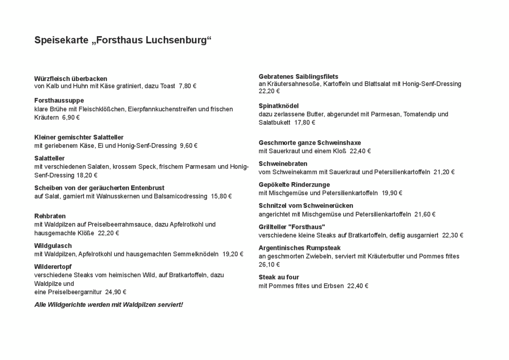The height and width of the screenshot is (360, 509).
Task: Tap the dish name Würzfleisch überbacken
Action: [x=71, y=79]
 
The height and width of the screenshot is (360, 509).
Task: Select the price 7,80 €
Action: [x=187, y=86]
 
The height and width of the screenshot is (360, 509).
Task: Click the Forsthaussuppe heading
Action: [x=59, y=101]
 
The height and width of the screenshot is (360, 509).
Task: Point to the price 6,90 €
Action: [x=71, y=118]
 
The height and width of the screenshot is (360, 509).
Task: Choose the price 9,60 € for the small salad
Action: [x=189, y=146]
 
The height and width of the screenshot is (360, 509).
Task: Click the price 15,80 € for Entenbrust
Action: [x=221, y=196]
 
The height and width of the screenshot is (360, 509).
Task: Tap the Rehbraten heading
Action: [x=50, y=216]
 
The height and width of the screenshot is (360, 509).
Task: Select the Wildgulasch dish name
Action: [x=53, y=246]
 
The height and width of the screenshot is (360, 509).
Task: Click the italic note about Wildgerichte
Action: [x=109, y=305]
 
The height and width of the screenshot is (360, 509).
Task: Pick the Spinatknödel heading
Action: [x=279, y=106]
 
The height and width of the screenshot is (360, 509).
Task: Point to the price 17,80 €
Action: [x=305, y=123]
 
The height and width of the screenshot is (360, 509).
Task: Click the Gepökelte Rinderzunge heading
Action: [x=294, y=185]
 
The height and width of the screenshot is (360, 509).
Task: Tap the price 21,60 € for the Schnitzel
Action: [x=425, y=214]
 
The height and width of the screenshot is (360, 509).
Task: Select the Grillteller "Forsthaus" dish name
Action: [x=292, y=227]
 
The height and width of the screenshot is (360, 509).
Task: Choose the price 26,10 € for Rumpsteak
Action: [x=269, y=264]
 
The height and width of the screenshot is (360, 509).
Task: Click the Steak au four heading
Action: [x=279, y=277]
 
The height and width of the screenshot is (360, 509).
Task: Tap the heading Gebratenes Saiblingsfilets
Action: [x=299, y=76]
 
